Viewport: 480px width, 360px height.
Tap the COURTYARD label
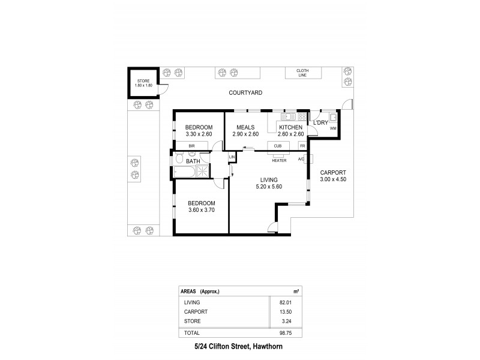245,93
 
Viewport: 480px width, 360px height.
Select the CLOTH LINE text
302,73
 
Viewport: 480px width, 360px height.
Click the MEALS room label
245,127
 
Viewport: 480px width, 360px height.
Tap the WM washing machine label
332,128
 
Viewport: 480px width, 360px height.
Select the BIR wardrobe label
192,146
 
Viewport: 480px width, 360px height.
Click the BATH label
193,161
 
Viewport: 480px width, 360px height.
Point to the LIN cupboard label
232,157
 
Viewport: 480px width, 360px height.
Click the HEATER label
278,161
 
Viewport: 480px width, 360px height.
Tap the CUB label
277,146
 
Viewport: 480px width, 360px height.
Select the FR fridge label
302,146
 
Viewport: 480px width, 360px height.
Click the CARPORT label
333,172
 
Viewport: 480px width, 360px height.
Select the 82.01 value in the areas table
292,302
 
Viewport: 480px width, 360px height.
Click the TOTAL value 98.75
292,332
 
